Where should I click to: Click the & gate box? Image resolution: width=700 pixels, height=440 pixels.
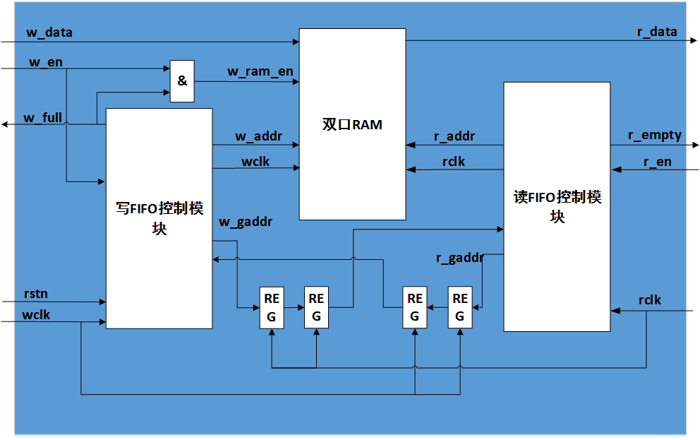click(x=182, y=81)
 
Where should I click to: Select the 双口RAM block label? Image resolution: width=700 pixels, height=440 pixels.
click(x=352, y=124)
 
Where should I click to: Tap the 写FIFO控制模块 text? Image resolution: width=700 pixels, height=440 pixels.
click(x=159, y=218)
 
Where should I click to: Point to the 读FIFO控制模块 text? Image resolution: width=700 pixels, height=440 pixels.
click(x=557, y=207)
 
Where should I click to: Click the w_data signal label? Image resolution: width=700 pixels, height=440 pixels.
click(x=49, y=32)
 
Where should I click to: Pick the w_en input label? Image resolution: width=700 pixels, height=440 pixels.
click(x=46, y=62)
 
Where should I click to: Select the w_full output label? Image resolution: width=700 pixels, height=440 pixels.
click(x=43, y=118)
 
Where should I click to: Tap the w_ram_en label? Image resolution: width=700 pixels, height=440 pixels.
click(x=260, y=71)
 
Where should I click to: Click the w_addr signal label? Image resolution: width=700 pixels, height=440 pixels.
click(x=259, y=136)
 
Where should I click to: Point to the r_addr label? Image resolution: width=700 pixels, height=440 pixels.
click(x=454, y=136)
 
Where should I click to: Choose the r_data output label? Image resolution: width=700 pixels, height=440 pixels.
click(x=657, y=32)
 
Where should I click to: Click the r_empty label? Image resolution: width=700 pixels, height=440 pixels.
click(x=654, y=136)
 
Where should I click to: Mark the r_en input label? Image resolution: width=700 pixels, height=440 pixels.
click(x=657, y=162)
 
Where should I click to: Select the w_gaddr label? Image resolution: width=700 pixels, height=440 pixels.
click(x=246, y=222)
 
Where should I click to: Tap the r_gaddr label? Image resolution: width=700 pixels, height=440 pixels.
click(x=460, y=258)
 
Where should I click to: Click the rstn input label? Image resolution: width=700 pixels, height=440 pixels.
click(x=36, y=294)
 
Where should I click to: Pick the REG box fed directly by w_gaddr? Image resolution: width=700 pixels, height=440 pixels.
click(x=272, y=307)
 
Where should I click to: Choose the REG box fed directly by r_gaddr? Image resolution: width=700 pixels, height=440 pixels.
click(x=460, y=307)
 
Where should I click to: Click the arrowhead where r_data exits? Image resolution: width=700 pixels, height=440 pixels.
click(x=694, y=41)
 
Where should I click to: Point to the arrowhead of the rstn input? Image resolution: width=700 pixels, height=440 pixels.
click(x=102, y=302)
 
